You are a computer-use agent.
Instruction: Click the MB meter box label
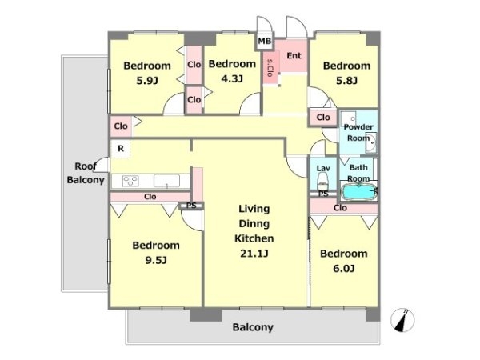[265, 41]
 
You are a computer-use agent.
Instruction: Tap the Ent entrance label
[294, 56]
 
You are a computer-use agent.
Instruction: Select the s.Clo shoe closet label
[270, 67]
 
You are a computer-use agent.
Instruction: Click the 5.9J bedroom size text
[147, 81]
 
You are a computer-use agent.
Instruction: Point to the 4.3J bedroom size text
[232, 78]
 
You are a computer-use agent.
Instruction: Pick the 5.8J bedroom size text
[346, 81]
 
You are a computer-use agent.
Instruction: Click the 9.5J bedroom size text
[156, 260]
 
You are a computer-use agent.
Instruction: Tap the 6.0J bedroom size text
[344, 269]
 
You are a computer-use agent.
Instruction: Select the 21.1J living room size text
[254, 254]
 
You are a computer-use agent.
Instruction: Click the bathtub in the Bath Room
[358, 192]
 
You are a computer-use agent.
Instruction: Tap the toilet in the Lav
[323, 182]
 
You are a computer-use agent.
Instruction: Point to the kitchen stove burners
[130, 181]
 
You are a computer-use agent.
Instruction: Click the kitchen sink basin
[166, 181]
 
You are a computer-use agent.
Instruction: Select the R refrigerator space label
[121, 149]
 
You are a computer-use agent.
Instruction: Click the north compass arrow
[402, 321]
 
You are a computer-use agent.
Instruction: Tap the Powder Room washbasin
[371, 142]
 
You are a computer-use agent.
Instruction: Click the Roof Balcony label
[86, 173]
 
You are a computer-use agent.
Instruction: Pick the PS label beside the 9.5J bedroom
[191, 206]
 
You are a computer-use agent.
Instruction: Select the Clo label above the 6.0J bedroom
[341, 208]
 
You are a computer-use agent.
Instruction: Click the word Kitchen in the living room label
[254, 238]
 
